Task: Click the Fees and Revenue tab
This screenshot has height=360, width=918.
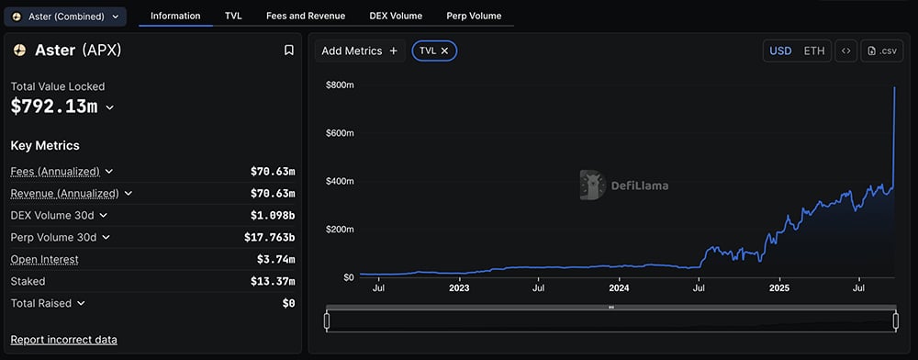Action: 306,17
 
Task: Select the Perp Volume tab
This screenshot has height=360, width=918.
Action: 474,17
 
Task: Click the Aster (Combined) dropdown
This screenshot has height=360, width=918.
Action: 65,17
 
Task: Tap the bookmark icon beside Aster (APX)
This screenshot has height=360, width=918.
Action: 289,51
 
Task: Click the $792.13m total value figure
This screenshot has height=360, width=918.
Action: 54,107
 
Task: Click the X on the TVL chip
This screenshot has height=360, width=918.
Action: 445,51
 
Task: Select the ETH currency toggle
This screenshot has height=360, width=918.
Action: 814,51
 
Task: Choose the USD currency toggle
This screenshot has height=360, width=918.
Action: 780,51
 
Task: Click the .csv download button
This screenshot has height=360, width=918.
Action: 882,51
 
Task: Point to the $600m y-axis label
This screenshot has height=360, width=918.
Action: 340,133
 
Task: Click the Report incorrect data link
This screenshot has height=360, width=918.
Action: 63,340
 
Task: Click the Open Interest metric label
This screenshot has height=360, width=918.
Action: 44,259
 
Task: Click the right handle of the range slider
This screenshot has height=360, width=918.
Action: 896,321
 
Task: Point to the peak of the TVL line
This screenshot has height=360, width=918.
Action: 894,87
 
